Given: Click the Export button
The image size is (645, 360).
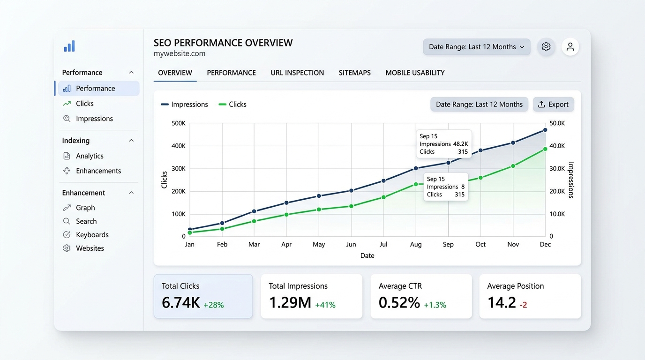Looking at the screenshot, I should pyautogui.click(x=553, y=105).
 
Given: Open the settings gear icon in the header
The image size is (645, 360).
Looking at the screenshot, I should pyautogui.click(x=546, y=47).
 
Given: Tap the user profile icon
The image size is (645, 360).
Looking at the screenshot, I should pyautogui.click(x=570, y=47).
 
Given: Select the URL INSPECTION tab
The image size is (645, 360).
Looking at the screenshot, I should pyautogui.click(x=297, y=73).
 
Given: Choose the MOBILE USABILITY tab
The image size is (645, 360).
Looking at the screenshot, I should pyautogui.click(x=415, y=73).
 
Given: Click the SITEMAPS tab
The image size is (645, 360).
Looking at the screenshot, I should pyautogui.click(x=354, y=73).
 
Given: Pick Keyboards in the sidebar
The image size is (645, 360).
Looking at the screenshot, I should pyautogui.click(x=92, y=235).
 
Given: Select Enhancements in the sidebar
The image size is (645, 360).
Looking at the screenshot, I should pyautogui.click(x=98, y=171).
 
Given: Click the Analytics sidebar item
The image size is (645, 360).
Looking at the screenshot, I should pyautogui.click(x=90, y=156).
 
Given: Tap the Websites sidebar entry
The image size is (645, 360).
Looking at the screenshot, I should pyautogui.click(x=90, y=248).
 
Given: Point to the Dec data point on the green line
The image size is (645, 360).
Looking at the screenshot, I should pyautogui.click(x=545, y=149).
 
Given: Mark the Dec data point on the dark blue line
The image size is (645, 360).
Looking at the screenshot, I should pyautogui.click(x=545, y=130).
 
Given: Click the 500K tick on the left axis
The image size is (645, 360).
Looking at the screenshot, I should pyautogui.click(x=179, y=123).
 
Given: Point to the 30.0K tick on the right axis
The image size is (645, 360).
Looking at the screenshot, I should pyautogui.click(x=557, y=169).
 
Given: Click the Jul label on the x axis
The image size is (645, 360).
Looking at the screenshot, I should pyautogui.click(x=383, y=244).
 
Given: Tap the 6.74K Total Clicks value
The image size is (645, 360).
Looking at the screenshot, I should pyautogui.click(x=181, y=303).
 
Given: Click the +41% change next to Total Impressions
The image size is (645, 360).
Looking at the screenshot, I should pyautogui.click(x=325, y=305).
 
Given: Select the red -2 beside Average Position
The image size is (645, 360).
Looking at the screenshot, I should pyautogui.click(x=523, y=305).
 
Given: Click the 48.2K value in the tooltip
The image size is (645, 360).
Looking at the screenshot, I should pyautogui.click(x=460, y=144).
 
